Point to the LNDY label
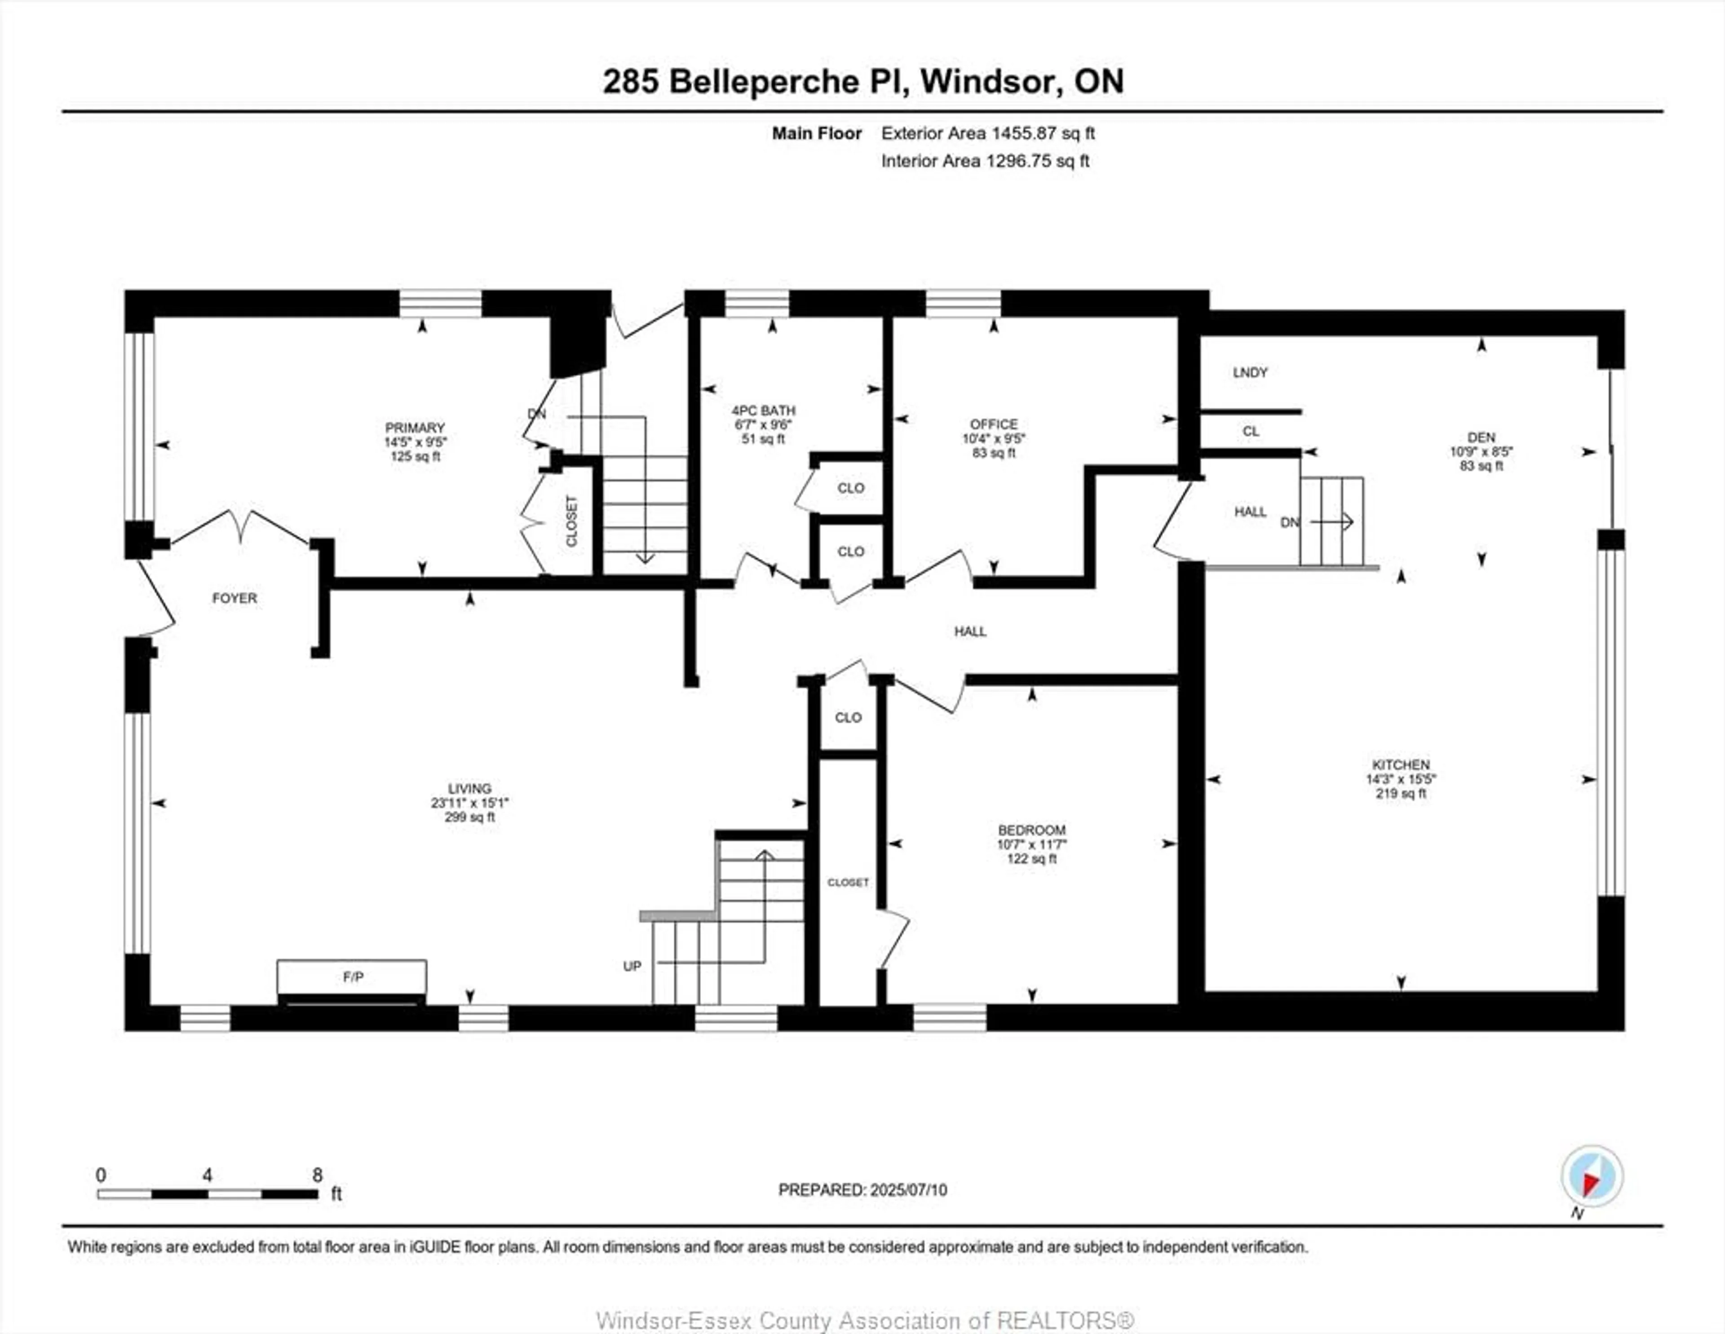click(x=1250, y=372)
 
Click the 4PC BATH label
click(x=763, y=411)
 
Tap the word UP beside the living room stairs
click(x=632, y=966)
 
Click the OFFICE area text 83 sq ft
click(x=994, y=453)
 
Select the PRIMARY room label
click(x=415, y=427)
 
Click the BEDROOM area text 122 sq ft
click(x=1031, y=858)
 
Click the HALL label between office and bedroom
click(x=970, y=631)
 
